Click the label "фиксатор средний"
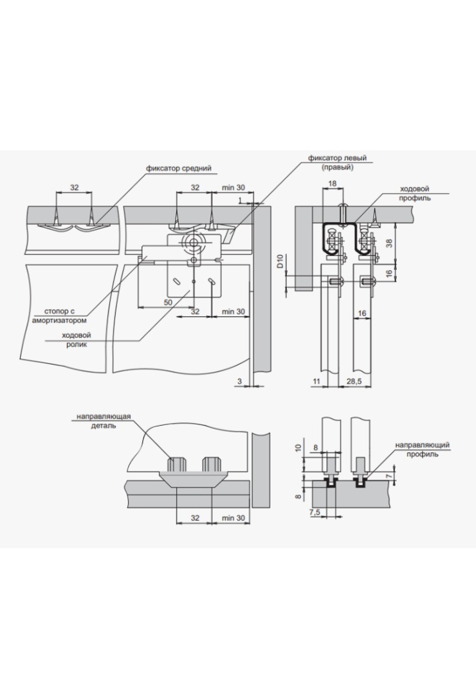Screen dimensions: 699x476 [x=178, y=168]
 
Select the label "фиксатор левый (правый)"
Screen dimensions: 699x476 [x=337, y=162]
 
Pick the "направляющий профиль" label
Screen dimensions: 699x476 [x=422, y=449]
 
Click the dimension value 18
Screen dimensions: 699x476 [x=332, y=183]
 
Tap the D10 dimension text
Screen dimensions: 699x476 [x=279, y=262]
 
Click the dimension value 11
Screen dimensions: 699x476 [x=316, y=382]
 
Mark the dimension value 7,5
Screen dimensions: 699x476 [x=315, y=512]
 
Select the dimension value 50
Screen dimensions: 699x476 [x=168, y=303]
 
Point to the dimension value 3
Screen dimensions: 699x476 [x=239, y=382]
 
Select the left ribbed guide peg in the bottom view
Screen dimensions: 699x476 [x=176, y=463]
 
